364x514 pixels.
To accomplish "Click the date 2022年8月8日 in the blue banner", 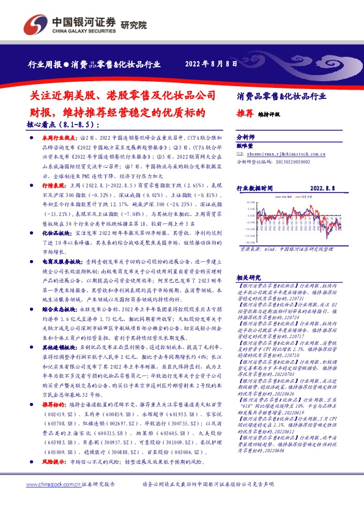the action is point(210,63).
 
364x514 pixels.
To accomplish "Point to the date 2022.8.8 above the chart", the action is point(324,189).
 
